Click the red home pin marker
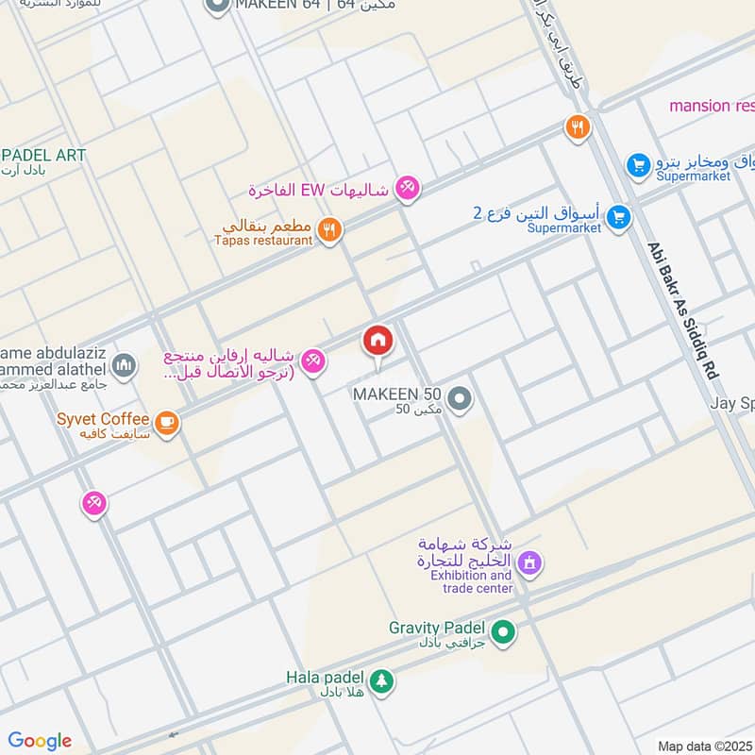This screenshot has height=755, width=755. pyautogui.click(x=378, y=342)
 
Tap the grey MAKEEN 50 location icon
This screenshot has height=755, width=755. pyautogui.click(x=460, y=400)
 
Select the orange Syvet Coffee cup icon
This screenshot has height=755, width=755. pyautogui.click(x=167, y=423)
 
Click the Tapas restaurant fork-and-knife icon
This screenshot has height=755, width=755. pyautogui.click(x=328, y=230)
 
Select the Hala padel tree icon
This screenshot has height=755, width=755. pyautogui.click(x=381, y=681)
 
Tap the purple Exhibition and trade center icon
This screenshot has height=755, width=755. pyautogui.click(x=530, y=564)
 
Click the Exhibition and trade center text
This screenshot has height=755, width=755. pyautogui.click(x=477, y=581)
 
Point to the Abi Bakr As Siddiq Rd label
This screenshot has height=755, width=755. pyautogui.click(x=683, y=311)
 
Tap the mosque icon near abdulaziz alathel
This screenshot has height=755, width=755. pyautogui.click(x=124, y=364)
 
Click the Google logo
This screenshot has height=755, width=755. pyautogui.click(x=40, y=741)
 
